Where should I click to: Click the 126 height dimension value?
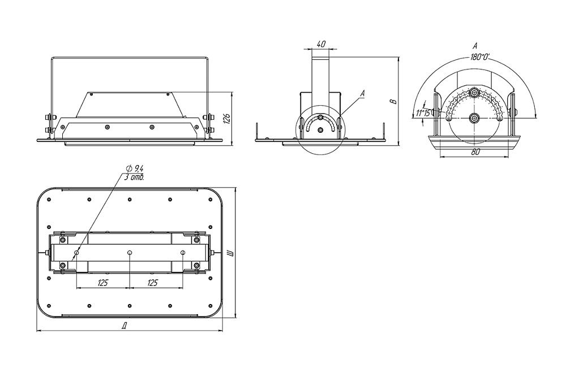[227, 118]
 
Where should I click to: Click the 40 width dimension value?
[321, 44]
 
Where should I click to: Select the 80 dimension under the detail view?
[475, 151]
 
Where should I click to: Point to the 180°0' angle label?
[480, 57]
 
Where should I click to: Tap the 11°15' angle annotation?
[423, 113]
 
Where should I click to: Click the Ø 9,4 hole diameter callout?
[135, 168]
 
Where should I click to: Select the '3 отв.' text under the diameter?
[134, 177]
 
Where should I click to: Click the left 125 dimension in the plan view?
[103, 283]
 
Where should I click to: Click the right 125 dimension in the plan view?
[153, 283]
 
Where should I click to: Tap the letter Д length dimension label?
[124, 326]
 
